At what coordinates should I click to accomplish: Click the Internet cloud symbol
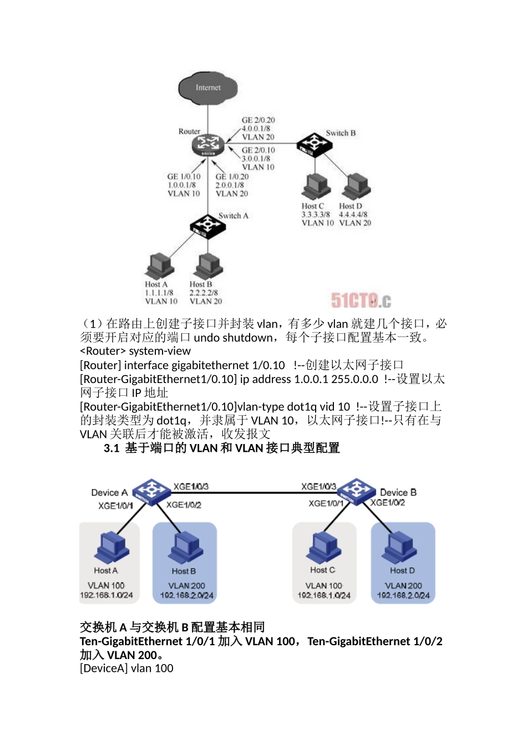208,88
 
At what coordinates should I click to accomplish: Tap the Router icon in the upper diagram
208,144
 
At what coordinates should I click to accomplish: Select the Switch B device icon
314,144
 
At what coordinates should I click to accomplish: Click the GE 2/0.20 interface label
258,120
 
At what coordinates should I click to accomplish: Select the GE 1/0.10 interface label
184,177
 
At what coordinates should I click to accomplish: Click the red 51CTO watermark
361,300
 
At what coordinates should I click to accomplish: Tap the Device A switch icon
150,491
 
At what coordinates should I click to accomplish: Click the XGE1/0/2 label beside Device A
184,505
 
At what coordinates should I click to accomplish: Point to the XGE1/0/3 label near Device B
318,487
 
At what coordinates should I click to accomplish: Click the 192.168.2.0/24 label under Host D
403,595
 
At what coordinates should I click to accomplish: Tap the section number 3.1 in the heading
112,448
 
